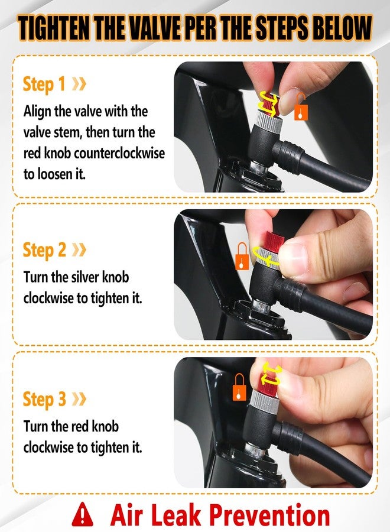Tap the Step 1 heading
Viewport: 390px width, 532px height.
[x=44, y=84]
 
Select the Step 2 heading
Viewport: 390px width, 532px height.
[x=44, y=249]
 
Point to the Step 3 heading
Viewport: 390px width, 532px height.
[x=44, y=399]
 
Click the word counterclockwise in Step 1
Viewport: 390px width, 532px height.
[x=119, y=153]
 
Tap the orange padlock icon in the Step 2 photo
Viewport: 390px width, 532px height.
[x=242, y=256]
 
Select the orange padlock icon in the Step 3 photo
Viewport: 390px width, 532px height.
[x=240, y=387]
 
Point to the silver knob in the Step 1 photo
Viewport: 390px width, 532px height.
[x=267, y=119]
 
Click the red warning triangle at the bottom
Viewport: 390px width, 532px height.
[x=82, y=514]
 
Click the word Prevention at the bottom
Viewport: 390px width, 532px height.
[x=270, y=514]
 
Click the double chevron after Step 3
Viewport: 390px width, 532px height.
[x=79, y=398]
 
